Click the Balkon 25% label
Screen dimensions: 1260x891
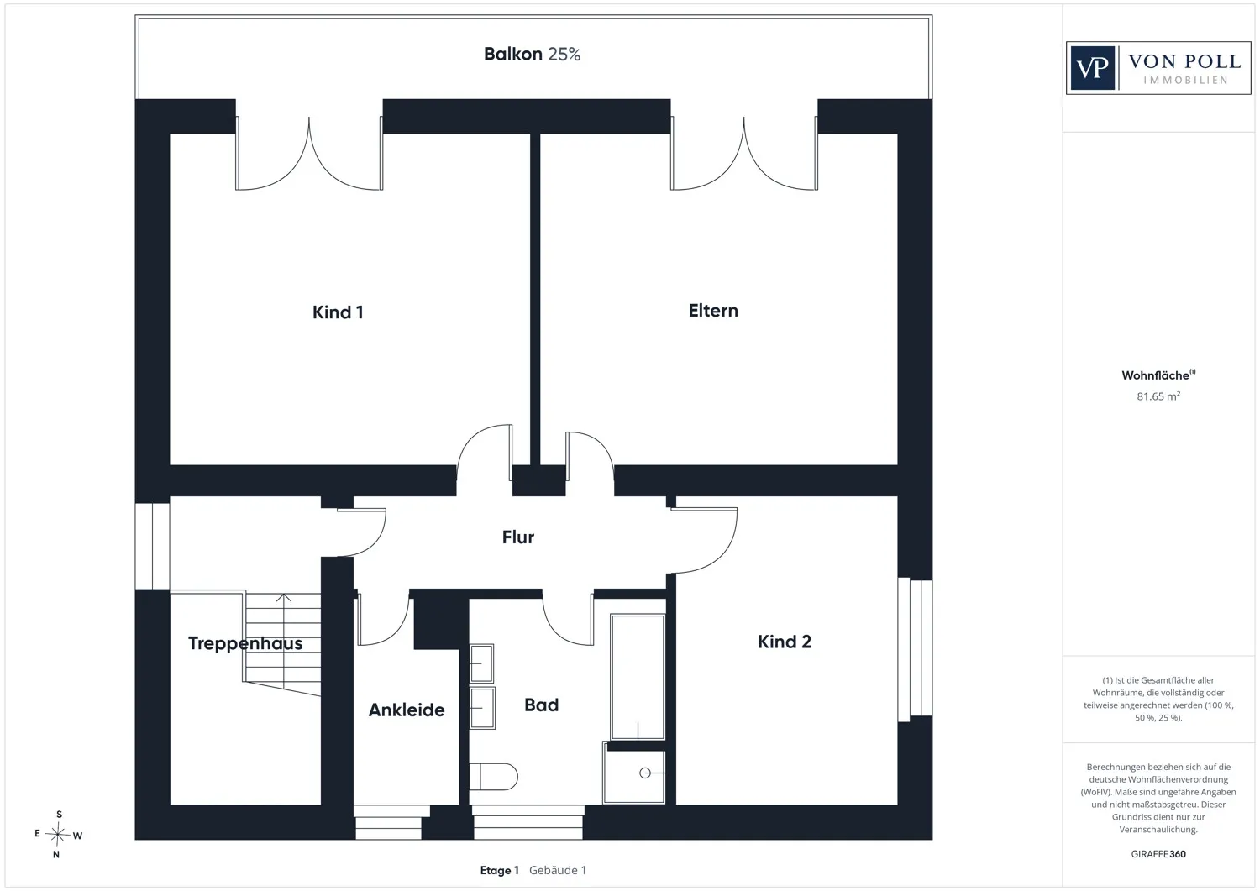[x=532, y=54]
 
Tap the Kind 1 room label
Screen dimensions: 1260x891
[x=338, y=312]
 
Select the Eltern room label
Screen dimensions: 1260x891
[x=713, y=311]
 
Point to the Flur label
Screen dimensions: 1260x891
[x=518, y=537]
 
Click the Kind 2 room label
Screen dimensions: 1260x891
[x=784, y=642]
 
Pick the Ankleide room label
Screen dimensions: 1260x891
[x=407, y=710]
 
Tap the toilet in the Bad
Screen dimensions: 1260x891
[x=493, y=777]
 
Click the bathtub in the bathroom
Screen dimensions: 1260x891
[x=638, y=677]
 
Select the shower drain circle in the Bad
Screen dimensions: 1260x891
[x=644, y=773]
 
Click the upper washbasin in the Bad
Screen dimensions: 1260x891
[x=482, y=663]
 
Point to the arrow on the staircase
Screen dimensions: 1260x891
[x=284, y=642]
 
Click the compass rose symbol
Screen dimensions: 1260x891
[x=57, y=834]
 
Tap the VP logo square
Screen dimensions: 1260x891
[x=1092, y=68]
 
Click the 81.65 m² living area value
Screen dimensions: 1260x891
[x=1158, y=396]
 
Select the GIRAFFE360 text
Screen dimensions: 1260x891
[x=1158, y=854]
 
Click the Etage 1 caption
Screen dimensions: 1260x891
[x=500, y=870]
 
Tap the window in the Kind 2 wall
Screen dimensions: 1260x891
[x=915, y=649]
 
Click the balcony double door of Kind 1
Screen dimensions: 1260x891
[x=309, y=153]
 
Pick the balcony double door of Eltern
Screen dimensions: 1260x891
[x=743, y=153]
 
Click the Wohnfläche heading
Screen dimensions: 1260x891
[x=1158, y=375]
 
